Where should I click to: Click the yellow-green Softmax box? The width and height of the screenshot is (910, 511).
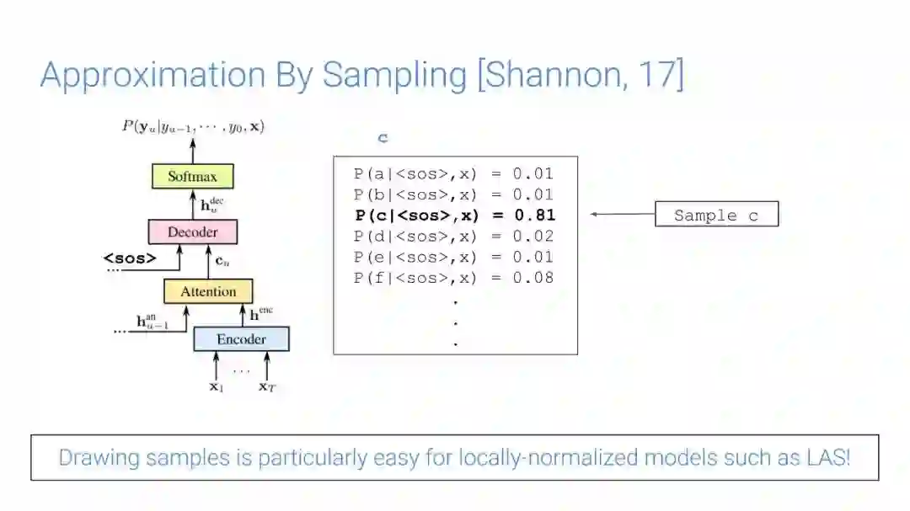tap(192, 177)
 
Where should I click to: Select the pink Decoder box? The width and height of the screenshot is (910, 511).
tap(192, 232)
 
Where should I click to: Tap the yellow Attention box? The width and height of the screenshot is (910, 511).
tap(208, 291)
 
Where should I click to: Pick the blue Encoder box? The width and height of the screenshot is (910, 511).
tap(241, 339)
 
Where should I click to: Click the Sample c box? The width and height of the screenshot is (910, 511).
tap(716, 215)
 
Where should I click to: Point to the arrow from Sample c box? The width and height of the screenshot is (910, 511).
tap(623, 215)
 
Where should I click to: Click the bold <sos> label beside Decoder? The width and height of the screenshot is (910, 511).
tap(130, 258)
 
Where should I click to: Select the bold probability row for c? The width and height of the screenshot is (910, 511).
tap(454, 215)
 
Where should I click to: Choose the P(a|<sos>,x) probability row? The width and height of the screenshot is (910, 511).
tap(454, 174)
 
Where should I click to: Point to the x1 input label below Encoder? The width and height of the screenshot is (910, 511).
tap(216, 387)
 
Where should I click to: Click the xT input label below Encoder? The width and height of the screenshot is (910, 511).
tap(267, 387)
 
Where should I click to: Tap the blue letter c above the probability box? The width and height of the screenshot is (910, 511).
tap(383, 138)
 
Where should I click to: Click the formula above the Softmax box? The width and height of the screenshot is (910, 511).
tap(193, 126)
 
